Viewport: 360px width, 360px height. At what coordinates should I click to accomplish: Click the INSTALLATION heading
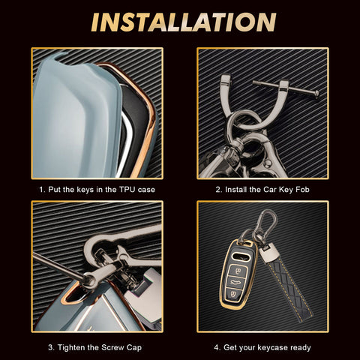pos(184,22)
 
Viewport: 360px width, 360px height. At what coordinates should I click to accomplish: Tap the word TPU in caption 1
pos(127,190)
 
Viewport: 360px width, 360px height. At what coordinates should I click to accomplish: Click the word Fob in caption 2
pos(302,190)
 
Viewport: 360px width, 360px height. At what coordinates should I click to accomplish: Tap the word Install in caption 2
pos(236,190)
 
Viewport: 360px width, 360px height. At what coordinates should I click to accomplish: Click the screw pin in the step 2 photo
pos(286,88)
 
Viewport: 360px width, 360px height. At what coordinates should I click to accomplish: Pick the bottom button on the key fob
pos(233,294)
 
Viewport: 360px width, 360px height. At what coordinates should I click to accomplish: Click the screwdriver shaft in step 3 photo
pos(58,265)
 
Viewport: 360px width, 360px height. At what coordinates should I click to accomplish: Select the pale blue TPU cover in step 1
pos(77,118)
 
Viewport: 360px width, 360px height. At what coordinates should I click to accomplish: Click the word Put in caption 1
pos(54,190)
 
